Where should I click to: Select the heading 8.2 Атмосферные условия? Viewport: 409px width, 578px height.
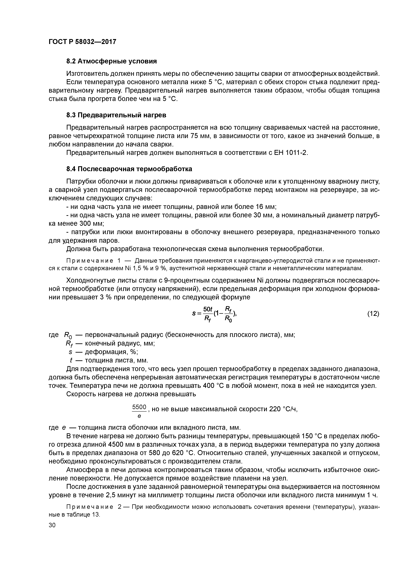tap(111, 61)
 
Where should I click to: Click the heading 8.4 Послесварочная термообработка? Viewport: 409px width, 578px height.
tap(129, 169)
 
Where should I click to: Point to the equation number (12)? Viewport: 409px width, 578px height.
tap(373, 314)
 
